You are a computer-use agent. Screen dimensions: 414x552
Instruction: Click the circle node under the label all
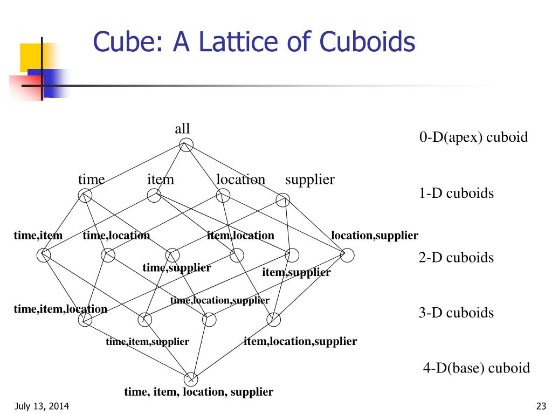click(x=186, y=144)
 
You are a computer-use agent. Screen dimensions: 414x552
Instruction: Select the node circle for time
click(x=85, y=196)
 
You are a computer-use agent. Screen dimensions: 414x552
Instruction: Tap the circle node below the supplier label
click(x=283, y=201)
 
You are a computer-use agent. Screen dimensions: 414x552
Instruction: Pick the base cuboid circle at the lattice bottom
click(x=191, y=379)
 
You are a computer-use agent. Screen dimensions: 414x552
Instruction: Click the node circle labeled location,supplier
click(x=348, y=254)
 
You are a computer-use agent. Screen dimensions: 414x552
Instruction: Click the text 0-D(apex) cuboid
click(x=473, y=137)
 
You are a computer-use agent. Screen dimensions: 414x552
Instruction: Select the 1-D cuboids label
click(x=456, y=193)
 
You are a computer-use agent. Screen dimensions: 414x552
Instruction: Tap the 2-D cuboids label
click(x=456, y=257)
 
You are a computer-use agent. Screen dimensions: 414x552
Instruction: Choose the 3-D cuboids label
click(x=456, y=313)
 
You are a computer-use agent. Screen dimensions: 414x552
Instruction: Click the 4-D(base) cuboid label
click(x=476, y=368)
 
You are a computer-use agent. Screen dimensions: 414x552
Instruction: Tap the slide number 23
click(x=542, y=406)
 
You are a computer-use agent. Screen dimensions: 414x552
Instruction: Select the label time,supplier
click(x=177, y=268)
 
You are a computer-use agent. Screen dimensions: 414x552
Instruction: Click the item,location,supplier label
click(x=300, y=341)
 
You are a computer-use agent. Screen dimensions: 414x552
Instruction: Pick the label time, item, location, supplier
click(x=198, y=392)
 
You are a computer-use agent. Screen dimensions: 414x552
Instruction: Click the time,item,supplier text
click(x=147, y=342)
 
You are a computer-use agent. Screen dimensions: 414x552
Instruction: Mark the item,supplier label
click(x=296, y=273)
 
